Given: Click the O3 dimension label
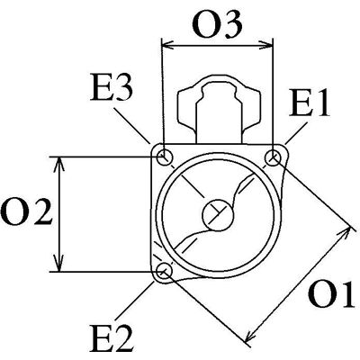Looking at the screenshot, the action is click(217, 26).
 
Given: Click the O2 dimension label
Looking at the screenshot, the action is click(27, 212).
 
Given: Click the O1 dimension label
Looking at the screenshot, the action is click(332, 295).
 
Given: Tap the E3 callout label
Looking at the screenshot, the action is click(112, 88).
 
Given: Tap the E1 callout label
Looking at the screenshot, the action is click(310, 103).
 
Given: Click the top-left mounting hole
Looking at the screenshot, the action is click(165, 157).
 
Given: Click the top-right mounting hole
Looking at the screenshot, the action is click(274, 157).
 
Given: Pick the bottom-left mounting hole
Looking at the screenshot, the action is click(165, 270).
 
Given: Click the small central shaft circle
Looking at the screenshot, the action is click(218, 215).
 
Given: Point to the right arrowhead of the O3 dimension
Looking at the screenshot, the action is click(266, 46).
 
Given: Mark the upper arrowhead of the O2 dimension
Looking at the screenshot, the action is click(59, 164).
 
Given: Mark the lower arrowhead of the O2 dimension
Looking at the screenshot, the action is click(59, 265).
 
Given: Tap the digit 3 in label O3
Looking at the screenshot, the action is click(231, 26).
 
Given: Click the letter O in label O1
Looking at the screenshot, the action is click(320, 295).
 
